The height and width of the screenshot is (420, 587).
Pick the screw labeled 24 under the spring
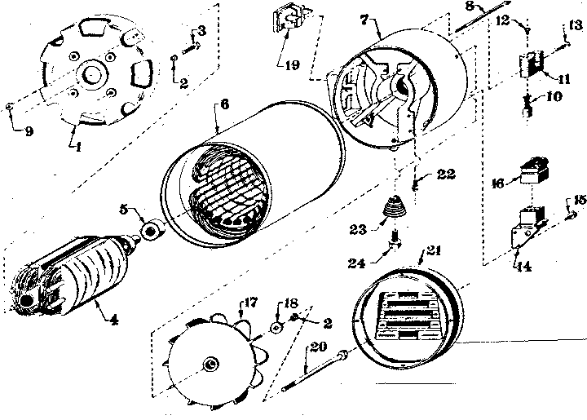pyautogui.click(x=395, y=241)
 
